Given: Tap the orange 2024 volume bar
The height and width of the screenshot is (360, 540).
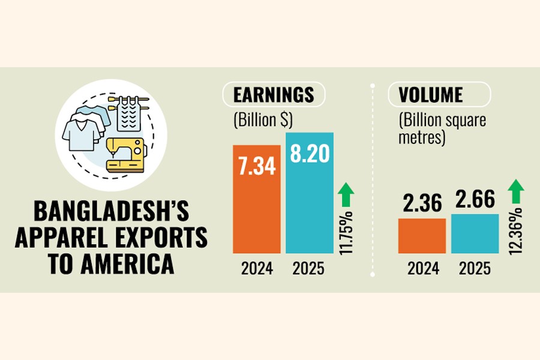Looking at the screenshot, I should (x=422, y=236).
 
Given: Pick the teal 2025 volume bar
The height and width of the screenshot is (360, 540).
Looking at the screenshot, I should (x=475, y=233).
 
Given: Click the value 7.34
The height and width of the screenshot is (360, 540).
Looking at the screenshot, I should (x=256, y=166).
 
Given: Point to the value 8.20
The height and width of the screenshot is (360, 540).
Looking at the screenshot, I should (x=310, y=153).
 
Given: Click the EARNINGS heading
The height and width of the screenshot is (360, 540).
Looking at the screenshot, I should (x=274, y=95).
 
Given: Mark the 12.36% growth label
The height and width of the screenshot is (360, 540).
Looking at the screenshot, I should (x=515, y=231).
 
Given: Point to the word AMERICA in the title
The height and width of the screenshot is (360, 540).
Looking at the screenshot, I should (x=135, y=265).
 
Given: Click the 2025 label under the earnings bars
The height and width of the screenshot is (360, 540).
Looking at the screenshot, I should (x=310, y=269).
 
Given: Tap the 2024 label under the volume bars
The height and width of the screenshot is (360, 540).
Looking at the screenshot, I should (x=422, y=269).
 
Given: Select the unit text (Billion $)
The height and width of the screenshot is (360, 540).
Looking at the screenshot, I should (x=263, y=120).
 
